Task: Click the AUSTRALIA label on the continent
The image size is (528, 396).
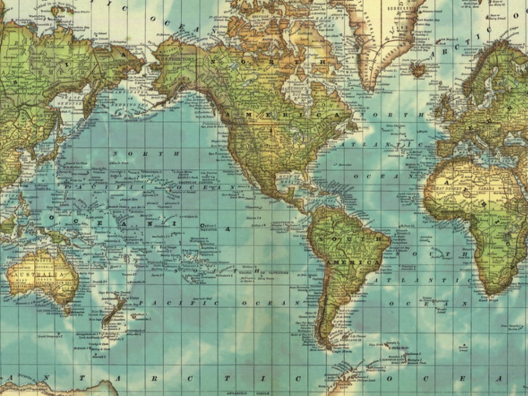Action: pos(38,275)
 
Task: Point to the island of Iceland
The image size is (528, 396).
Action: pos(419,69)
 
